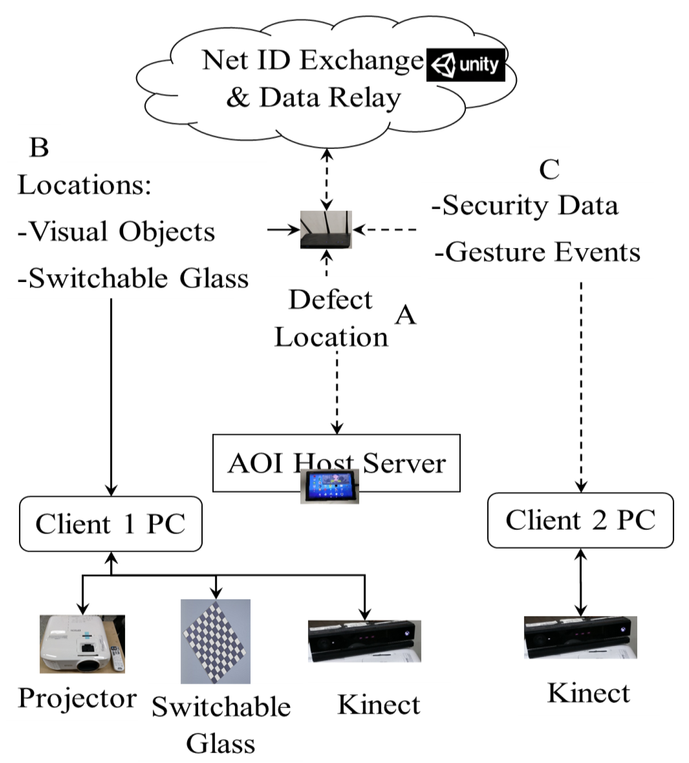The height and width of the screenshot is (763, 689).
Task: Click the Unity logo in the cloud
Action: point(465,65)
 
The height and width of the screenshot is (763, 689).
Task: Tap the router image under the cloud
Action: point(326,230)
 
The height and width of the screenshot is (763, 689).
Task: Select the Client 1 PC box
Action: point(111,524)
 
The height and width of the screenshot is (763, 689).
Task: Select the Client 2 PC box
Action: point(580,520)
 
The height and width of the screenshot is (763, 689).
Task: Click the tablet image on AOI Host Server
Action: point(329,486)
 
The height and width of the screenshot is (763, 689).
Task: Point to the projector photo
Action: point(82,644)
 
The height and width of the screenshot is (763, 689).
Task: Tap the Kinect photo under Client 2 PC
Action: point(580,637)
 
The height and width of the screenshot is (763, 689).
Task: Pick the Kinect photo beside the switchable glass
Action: point(364,641)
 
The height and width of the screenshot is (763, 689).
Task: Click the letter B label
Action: point(39,148)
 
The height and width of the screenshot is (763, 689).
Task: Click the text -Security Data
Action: point(525,206)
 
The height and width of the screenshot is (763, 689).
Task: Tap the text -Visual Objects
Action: point(116,232)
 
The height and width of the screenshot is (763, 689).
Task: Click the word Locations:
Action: point(84,185)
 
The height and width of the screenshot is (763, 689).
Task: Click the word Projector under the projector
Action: point(77,698)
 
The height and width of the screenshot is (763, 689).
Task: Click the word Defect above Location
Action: point(330,300)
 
